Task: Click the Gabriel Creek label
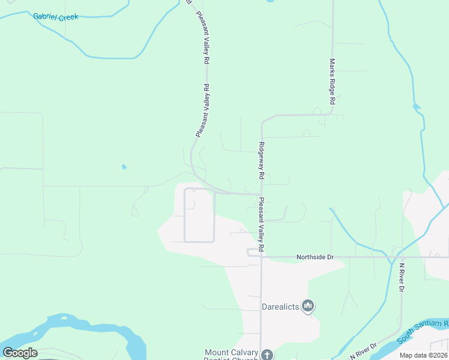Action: (55, 17)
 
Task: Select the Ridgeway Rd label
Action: (262, 160)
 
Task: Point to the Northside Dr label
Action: (315, 257)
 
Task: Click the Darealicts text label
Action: (280, 307)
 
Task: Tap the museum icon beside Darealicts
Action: (309, 307)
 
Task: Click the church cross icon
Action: (267, 355)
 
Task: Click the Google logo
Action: (20, 353)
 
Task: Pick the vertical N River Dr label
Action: (402, 277)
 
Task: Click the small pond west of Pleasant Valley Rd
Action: (124, 166)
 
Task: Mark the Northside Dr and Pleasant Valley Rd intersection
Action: (261, 257)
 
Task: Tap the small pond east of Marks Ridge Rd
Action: (416, 107)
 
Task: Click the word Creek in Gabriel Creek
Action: (67, 17)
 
